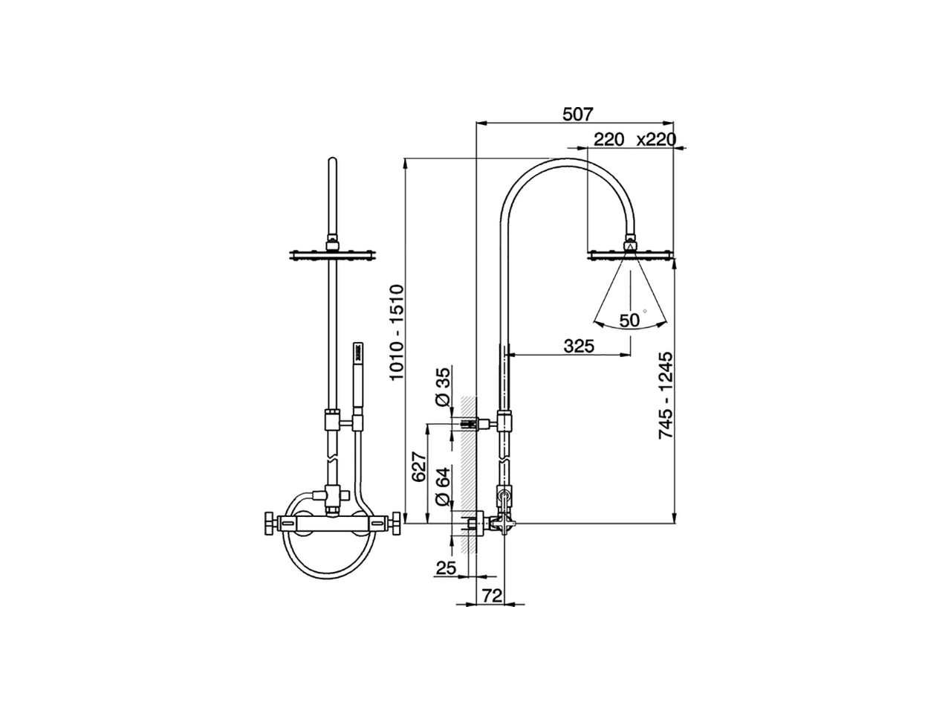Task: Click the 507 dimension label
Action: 577,115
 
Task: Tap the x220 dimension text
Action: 656,140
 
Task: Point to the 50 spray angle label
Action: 629,321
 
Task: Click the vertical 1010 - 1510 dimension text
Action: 397,332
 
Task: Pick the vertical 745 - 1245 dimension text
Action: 666,395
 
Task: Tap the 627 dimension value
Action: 419,466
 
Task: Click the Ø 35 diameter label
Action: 443,387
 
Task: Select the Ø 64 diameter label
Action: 443,486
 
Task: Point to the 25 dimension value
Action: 446,567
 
